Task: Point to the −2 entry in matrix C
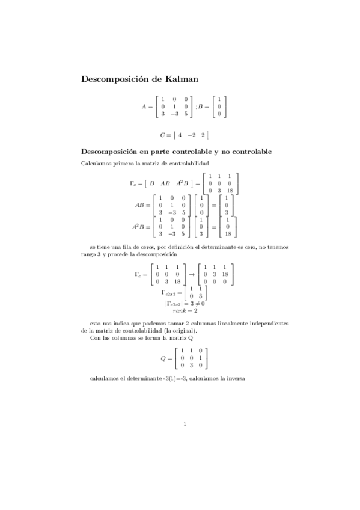(191, 135)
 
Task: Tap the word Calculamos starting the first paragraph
(94, 164)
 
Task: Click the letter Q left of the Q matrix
(162, 357)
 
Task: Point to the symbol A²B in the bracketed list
(183, 183)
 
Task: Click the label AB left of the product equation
(143, 204)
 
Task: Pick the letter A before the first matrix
(144, 106)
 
